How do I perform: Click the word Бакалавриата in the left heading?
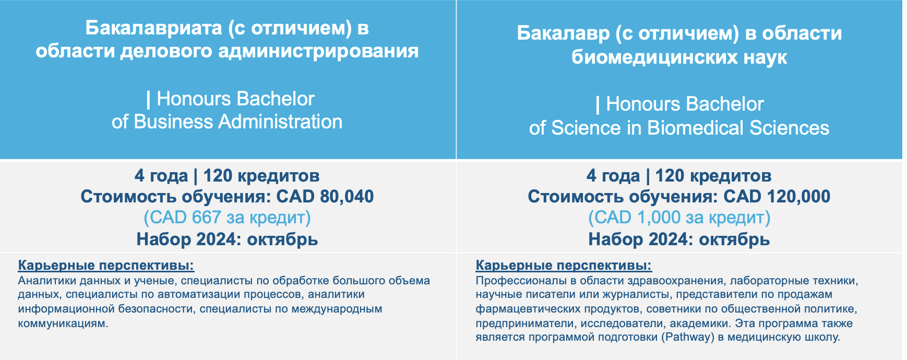tap(154, 28)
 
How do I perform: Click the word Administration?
tap(280, 122)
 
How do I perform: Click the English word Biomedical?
tap(696, 128)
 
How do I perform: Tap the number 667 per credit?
tap(206, 217)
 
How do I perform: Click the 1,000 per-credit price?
tap(659, 217)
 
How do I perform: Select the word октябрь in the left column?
tap(282, 239)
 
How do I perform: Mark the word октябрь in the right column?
tap(734, 239)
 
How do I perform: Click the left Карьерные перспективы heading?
tap(106, 266)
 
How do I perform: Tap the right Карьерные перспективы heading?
tap(564, 266)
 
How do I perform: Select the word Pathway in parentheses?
tap(687, 337)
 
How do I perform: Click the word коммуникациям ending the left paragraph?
tap(63, 323)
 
